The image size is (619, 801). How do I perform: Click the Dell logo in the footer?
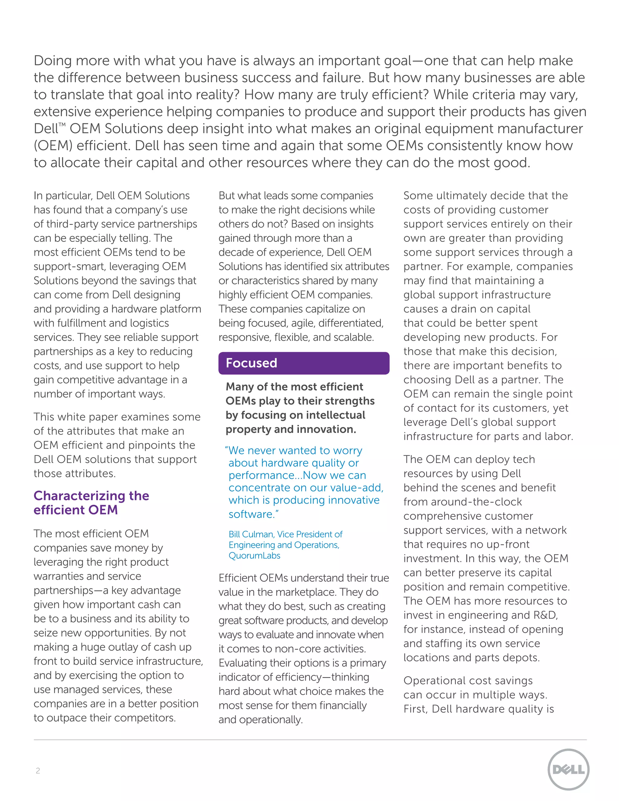[x=569, y=770]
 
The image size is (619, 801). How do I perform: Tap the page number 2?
[x=38, y=770]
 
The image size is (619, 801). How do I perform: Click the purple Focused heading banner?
[x=304, y=363]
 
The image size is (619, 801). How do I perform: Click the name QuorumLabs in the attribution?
[x=254, y=556]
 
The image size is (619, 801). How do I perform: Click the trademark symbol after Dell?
[x=62, y=125]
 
